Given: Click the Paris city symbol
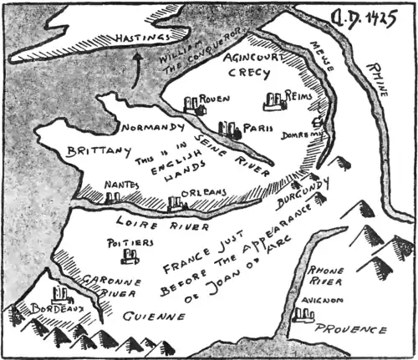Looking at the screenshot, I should pos(227,130).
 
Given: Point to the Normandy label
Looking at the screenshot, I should pos(149,129).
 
